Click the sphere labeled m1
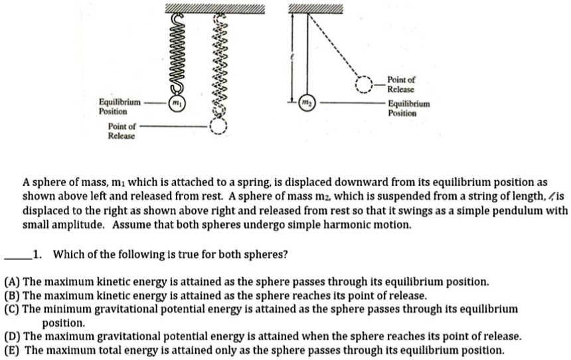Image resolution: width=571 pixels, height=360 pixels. pyautogui.click(x=176, y=104)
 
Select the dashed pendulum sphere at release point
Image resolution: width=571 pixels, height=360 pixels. pyautogui.click(x=364, y=85)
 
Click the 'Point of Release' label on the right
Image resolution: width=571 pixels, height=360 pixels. pyautogui.click(x=401, y=84)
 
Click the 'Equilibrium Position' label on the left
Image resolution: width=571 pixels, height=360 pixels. pyautogui.click(x=119, y=107)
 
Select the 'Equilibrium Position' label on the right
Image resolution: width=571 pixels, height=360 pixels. pyautogui.click(x=409, y=108)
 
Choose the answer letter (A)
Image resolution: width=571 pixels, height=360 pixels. pyautogui.click(x=13, y=282)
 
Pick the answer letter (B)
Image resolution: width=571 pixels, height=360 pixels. pyautogui.click(x=13, y=296)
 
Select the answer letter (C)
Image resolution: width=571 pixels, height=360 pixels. pyautogui.click(x=13, y=309)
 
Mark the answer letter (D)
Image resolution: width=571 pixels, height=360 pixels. pyautogui.click(x=13, y=336)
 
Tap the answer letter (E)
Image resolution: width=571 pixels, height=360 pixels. pyautogui.click(x=13, y=349)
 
